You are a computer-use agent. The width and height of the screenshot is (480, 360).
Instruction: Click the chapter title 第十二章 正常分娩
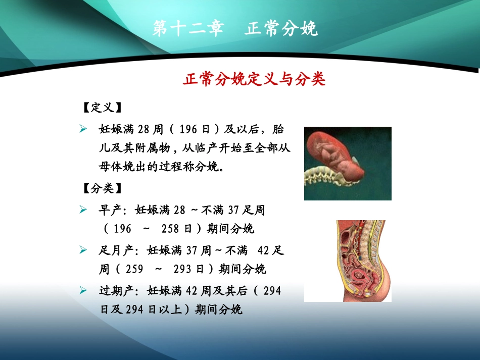click(x=235, y=29)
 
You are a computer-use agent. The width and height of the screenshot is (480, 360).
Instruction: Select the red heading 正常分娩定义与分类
click(x=254, y=80)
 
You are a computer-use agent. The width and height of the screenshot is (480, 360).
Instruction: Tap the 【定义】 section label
click(x=102, y=109)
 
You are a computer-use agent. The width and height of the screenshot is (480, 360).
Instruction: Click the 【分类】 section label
click(x=102, y=189)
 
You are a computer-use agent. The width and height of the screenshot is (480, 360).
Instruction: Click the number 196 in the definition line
click(x=187, y=130)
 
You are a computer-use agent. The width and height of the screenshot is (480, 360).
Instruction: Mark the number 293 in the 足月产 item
click(x=182, y=269)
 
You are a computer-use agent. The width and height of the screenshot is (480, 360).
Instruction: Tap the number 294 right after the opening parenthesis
click(x=272, y=290)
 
